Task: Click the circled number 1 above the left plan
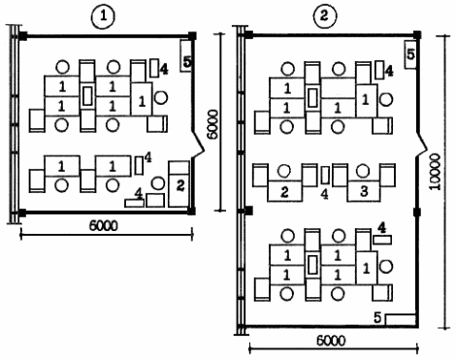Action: (103, 16)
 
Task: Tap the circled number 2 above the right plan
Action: (325, 16)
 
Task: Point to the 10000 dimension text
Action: (436, 172)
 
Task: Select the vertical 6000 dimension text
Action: (212, 124)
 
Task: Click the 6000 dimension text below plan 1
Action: (104, 225)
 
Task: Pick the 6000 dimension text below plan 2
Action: (331, 341)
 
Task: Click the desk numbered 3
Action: (364, 191)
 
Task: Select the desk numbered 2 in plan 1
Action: (179, 183)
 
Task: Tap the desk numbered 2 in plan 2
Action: (284, 191)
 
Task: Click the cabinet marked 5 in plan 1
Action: (185, 56)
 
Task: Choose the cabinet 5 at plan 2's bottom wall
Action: (401, 319)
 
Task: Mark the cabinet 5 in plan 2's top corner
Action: (410, 54)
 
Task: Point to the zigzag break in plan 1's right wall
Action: (197, 143)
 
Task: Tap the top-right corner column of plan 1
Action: (192, 36)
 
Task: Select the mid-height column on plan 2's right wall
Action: (417, 213)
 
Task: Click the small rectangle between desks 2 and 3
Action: (325, 175)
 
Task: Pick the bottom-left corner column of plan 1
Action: (22, 213)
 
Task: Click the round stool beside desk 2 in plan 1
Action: (158, 183)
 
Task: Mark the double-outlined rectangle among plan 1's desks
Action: (87, 96)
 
